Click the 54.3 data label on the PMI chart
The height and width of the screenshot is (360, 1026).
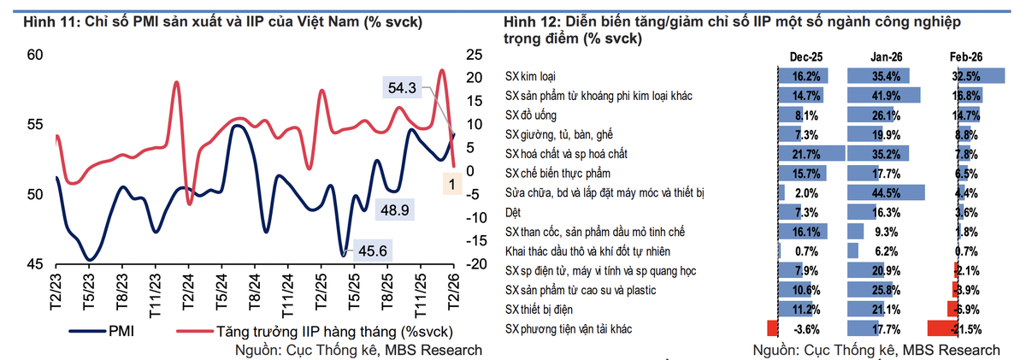tap(402, 87)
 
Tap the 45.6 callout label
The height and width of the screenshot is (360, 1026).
tap(373, 251)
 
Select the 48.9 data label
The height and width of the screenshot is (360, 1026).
tap(395, 210)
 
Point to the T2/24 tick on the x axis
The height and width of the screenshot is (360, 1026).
tap(188, 292)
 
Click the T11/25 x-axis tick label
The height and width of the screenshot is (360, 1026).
tap(421, 295)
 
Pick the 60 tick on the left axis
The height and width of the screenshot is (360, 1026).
tap(35, 55)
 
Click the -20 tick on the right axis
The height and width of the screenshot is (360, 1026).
tap(476, 264)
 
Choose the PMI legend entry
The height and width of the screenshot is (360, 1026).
tap(102, 331)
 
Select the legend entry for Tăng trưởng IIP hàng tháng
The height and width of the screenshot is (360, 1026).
tap(315, 331)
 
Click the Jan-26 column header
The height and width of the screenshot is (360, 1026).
tap(887, 56)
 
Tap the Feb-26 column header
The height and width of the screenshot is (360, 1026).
tap(966, 56)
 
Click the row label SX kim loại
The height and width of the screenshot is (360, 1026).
tap(530, 76)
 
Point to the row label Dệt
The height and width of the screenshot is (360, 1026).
tap(513, 213)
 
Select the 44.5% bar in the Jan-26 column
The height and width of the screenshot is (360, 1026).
tap(886, 192)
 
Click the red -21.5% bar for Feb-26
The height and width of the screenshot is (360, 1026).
tap(942, 328)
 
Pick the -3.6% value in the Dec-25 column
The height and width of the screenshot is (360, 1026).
tap(806, 329)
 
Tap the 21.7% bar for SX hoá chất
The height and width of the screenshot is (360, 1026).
tap(811, 154)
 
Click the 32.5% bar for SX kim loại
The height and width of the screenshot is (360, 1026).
tap(982, 76)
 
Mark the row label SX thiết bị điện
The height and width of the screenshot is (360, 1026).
tap(539, 310)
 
